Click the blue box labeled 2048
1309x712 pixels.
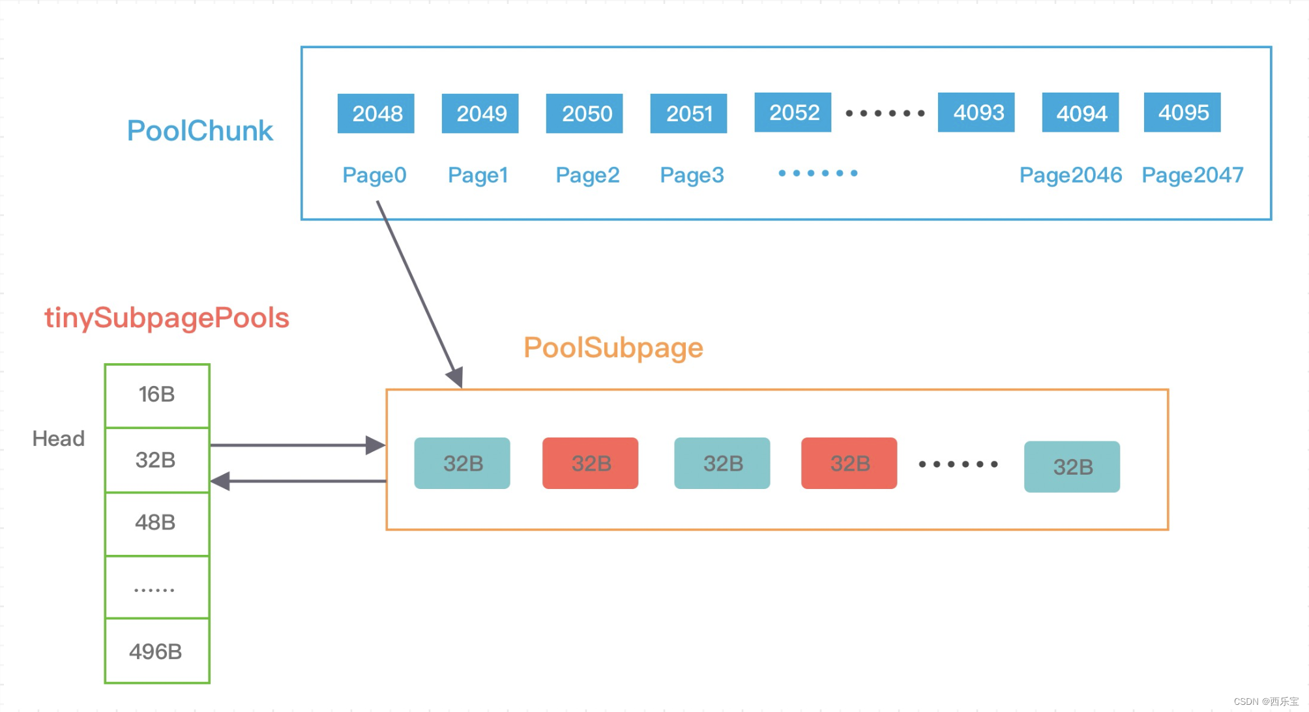click(375, 113)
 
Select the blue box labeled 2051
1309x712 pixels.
click(688, 113)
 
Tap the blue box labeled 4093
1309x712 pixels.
click(976, 113)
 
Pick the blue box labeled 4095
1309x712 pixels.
click(1182, 113)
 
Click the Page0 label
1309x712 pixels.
click(374, 175)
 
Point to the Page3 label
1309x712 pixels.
click(692, 175)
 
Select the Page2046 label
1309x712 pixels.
click(1070, 175)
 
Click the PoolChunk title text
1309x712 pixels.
click(199, 131)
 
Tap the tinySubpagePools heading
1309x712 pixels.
click(167, 318)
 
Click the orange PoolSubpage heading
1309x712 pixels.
click(613, 348)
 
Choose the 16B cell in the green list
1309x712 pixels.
click(157, 394)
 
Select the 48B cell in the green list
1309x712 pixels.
click(156, 522)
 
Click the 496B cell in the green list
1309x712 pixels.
click(156, 651)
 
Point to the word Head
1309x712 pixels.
click(59, 438)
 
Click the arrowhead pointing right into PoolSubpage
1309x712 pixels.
click(376, 445)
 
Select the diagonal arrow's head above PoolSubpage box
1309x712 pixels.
click(456, 376)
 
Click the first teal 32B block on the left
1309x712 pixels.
click(462, 464)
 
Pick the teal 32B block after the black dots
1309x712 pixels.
click(1072, 467)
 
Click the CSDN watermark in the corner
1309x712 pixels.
click(1265, 702)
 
